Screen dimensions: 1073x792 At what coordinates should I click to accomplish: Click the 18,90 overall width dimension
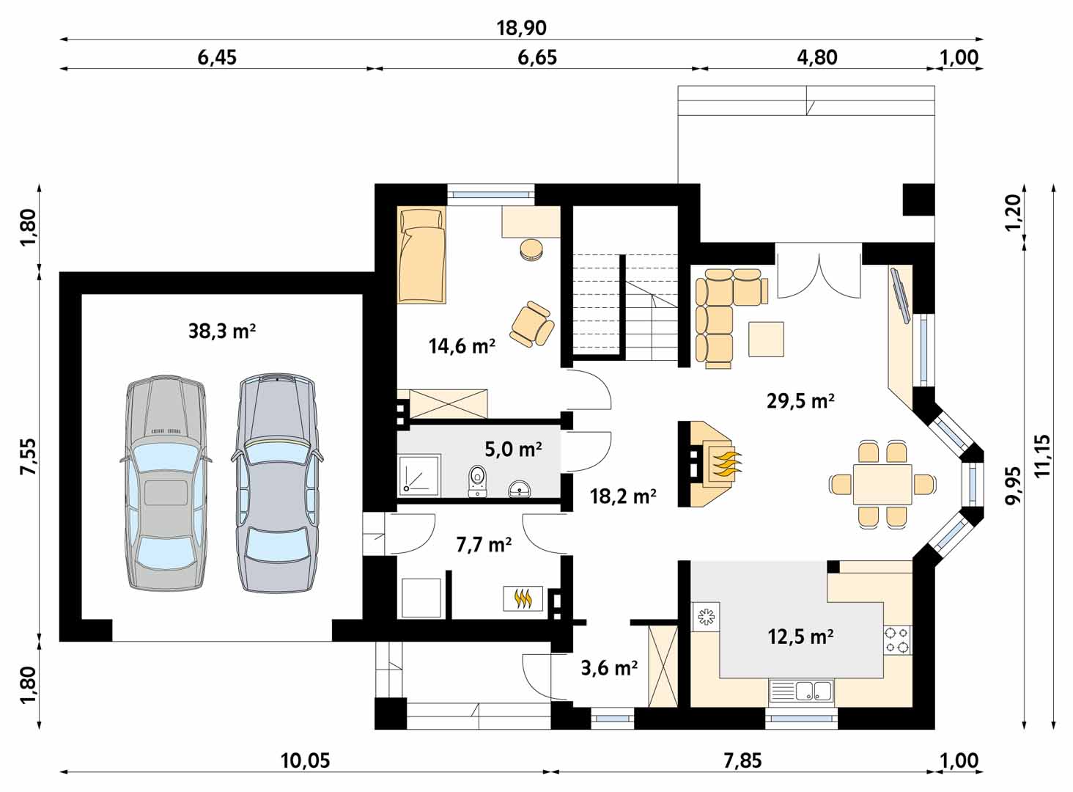521,28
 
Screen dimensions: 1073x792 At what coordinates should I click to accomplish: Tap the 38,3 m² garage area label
222,331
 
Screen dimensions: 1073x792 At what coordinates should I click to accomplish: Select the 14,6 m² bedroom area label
462,345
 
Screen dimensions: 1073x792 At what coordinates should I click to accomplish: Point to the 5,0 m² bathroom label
513,450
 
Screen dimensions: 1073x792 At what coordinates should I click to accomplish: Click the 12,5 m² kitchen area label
800,637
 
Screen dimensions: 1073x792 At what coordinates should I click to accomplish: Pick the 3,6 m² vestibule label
609,667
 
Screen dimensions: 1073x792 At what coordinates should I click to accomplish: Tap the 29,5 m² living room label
800,400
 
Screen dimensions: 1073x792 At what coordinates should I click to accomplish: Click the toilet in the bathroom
477,480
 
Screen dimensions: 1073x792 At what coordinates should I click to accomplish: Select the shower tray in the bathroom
418,474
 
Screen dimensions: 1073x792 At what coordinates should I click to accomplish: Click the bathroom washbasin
519,489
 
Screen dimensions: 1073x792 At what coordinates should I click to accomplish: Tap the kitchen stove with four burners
897,640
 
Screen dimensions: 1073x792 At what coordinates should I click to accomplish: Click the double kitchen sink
801,691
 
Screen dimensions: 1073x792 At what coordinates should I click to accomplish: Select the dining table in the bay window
882,484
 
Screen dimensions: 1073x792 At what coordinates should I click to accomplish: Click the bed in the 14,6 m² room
421,254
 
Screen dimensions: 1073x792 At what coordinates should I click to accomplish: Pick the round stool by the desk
531,250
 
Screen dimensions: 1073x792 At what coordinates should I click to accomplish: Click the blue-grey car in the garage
277,483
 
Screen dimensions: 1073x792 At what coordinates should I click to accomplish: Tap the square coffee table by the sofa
767,339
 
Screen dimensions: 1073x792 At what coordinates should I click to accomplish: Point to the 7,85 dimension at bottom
742,761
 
